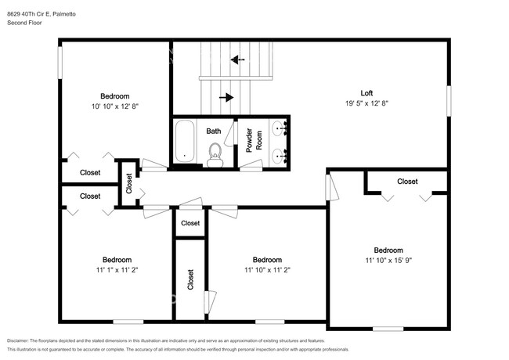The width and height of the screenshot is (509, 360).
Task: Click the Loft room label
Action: pos(366,93)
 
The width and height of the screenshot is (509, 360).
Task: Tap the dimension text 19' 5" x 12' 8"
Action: pos(366,103)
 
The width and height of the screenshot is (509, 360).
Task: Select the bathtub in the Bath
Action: pos(184,141)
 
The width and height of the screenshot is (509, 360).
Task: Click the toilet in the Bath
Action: pos(215,155)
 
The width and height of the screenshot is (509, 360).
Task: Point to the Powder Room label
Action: pos(254,140)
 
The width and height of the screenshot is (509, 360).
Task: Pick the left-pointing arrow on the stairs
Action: pos(237,59)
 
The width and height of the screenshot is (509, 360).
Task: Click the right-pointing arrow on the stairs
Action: pos(226,97)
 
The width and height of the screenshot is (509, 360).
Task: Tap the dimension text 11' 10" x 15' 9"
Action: pos(388,261)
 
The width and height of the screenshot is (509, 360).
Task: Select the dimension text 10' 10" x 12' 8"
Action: pos(115,106)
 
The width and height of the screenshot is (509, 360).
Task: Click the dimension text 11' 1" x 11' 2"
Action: pos(117,270)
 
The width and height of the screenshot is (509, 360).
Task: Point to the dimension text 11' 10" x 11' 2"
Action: pos(267,270)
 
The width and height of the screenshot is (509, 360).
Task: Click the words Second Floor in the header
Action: pos(24,23)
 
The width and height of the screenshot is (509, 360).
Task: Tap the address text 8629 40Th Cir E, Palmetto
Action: pos(42,14)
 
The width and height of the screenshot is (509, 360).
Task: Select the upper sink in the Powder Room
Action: pos(280,128)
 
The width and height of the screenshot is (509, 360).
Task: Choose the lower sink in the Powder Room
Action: pos(280,157)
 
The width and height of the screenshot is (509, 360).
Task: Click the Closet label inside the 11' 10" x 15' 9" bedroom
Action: pos(407,182)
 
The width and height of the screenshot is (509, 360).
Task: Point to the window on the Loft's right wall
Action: pos(449,100)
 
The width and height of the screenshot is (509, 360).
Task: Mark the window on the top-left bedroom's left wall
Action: pos(60,63)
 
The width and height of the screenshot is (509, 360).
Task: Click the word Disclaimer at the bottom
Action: pos(18,341)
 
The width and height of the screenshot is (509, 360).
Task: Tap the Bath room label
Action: pos(214,131)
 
